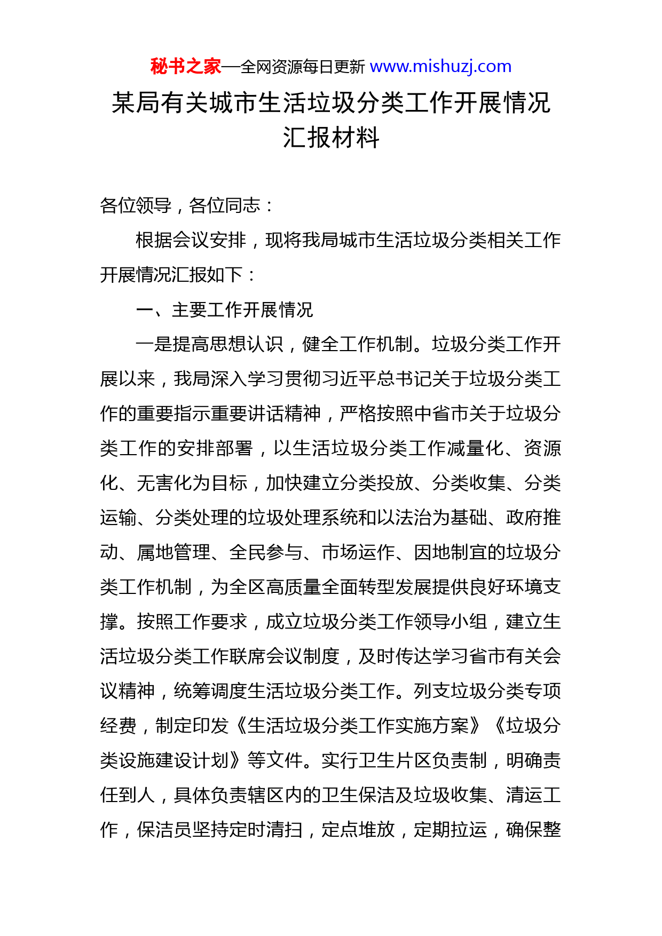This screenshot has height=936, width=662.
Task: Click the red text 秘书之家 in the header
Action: [x=185, y=67]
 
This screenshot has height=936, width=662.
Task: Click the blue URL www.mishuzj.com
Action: [x=440, y=67]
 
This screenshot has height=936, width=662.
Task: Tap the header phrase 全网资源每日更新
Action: [x=303, y=67]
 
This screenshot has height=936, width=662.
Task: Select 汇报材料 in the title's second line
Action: [x=331, y=138]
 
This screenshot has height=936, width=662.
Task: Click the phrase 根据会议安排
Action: [x=191, y=240]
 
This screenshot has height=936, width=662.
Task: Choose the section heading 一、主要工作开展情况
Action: [x=224, y=310]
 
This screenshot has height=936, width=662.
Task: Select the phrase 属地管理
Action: [x=173, y=552]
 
